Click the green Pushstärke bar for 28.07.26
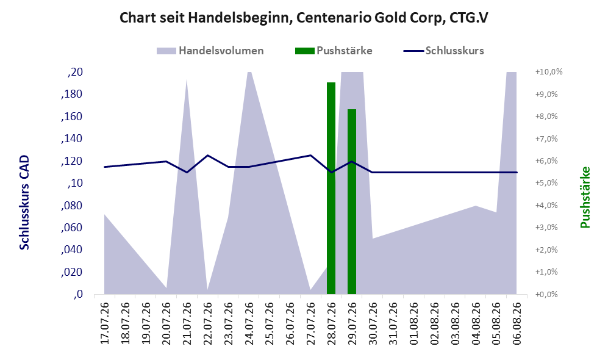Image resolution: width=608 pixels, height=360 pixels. pyautogui.click(x=331, y=188)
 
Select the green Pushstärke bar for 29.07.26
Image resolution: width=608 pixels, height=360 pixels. pyautogui.click(x=352, y=202)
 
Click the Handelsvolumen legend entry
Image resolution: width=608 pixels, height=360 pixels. pyautogui.click(x=210, y=51)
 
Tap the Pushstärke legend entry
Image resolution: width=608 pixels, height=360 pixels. pyautogui.click(x=334, y=51)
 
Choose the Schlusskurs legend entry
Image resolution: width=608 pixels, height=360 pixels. pyautogui.click(x=443, y=51)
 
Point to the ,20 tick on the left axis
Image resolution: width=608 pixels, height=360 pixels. pyautogui.click(x=75, y=72)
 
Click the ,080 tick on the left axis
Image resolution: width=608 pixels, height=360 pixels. pyautogui.click(x=72, y=206)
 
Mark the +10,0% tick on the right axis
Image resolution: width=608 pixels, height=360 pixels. pyautogui.click(x=549, y=72)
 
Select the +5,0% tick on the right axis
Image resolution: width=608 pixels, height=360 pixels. pyautogui.click(x=546, y=183)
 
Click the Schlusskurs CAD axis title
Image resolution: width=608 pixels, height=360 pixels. pyautogui.click(x=24, y=203)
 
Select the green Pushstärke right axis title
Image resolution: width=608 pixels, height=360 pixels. pyautogui.click(x=585, y=198)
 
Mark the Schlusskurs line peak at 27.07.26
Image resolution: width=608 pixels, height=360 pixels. pyautogui.click(x=310, y=155)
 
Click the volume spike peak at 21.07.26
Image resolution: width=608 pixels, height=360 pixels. pyautogui.click(x=187, y=79)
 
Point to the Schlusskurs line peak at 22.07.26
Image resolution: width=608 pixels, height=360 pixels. pyautogui.click(x=208, y=155)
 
